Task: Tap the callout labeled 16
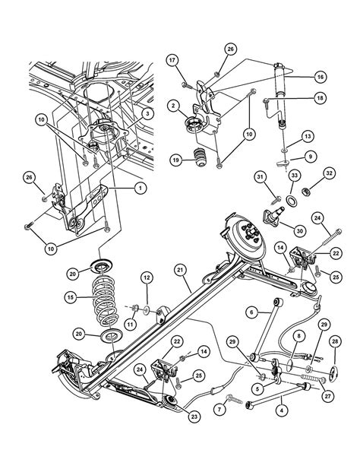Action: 321,77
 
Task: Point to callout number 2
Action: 173,106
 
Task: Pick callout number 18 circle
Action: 320,99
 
